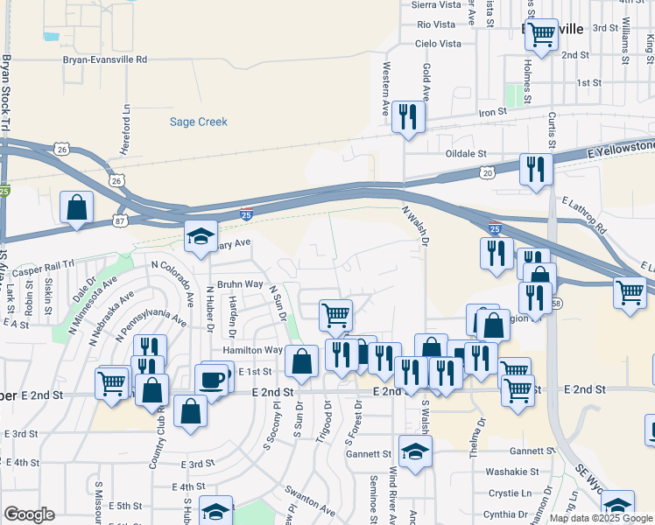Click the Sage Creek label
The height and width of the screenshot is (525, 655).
(x=198, y=122)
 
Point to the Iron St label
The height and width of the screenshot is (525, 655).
(x=492, y=112)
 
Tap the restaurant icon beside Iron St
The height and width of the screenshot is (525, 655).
(x=407, y=117)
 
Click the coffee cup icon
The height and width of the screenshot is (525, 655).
(x=211, y=381)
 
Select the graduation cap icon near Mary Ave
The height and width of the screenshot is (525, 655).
(x=201, y=237)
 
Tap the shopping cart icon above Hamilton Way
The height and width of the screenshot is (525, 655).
(x=335, y=313)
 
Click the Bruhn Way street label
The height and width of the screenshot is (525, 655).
(x=241, y=284)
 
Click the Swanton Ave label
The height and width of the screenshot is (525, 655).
(x=308, y=501)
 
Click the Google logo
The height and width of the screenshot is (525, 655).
(x=29, y=514)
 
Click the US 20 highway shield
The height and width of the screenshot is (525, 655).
(x=487, y=174)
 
